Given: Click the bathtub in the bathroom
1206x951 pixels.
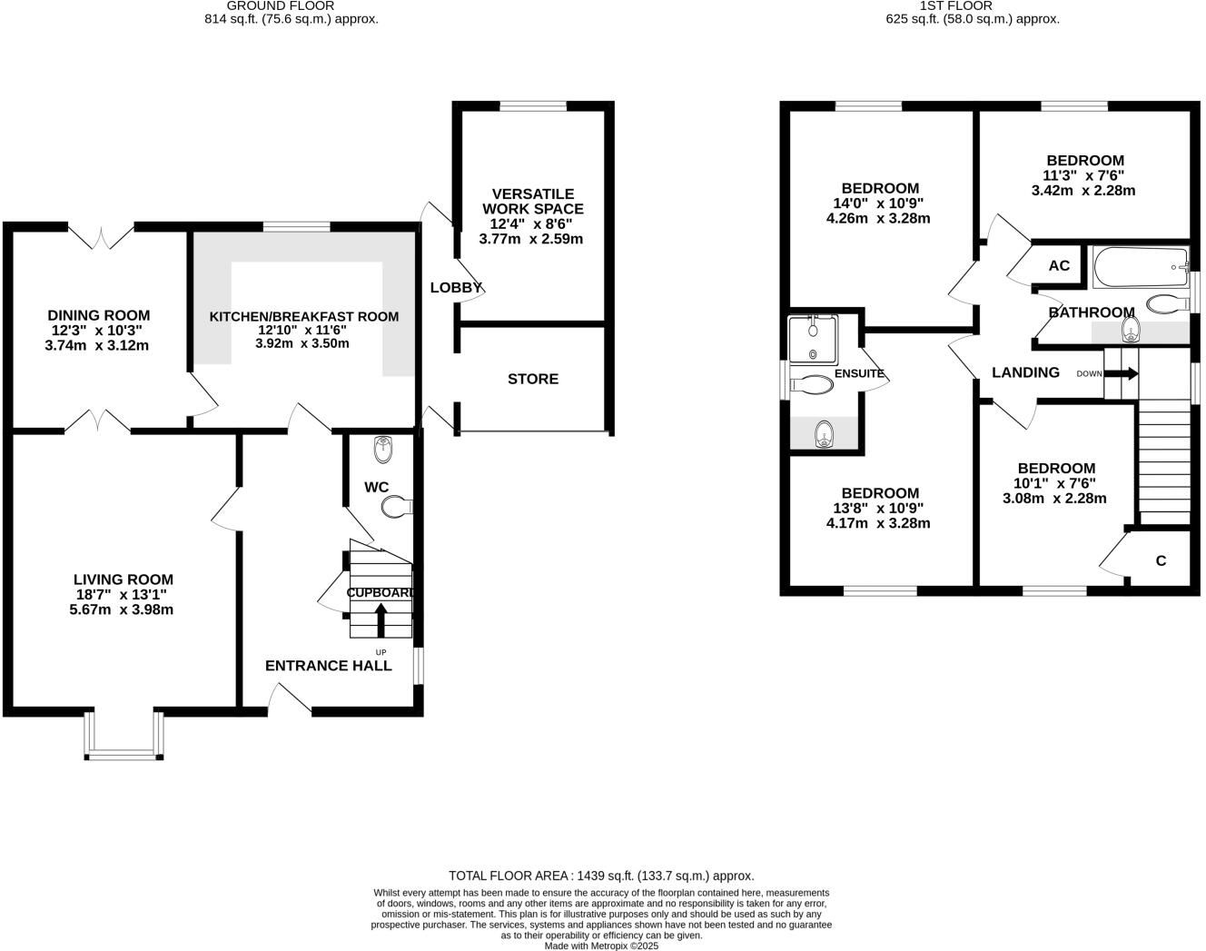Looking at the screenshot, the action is (x=1140, y=267).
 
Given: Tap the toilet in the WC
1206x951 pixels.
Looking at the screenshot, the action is (x=397, y=507).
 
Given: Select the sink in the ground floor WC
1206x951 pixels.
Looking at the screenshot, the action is (x=383, y=449).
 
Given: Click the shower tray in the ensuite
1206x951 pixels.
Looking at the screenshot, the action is (x=813, y=340).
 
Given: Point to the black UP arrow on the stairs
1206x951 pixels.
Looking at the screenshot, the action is (x=381, y=619).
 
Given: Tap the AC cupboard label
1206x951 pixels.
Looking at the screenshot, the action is (x=1059, y=266).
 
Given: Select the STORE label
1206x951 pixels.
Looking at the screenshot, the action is (x=533, y=379).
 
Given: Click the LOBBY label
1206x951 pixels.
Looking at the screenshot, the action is (x=456, y=288).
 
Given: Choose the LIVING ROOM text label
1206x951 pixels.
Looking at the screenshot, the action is (x=124, y=580).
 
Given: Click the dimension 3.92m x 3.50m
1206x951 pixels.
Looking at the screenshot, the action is (x=302, y=343).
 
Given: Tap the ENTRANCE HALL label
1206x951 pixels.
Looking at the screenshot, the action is (x=329, y=666).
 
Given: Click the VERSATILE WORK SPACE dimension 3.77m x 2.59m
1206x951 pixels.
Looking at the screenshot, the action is (x=530, y=239).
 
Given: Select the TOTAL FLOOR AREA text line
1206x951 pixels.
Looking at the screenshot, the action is (x=601, y=876).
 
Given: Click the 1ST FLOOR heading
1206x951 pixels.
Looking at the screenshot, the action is (x=973, y=6).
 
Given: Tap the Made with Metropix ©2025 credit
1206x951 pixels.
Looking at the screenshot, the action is (x=601, y=946).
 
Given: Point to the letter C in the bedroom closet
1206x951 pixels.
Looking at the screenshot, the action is (x=1161, y=560).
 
